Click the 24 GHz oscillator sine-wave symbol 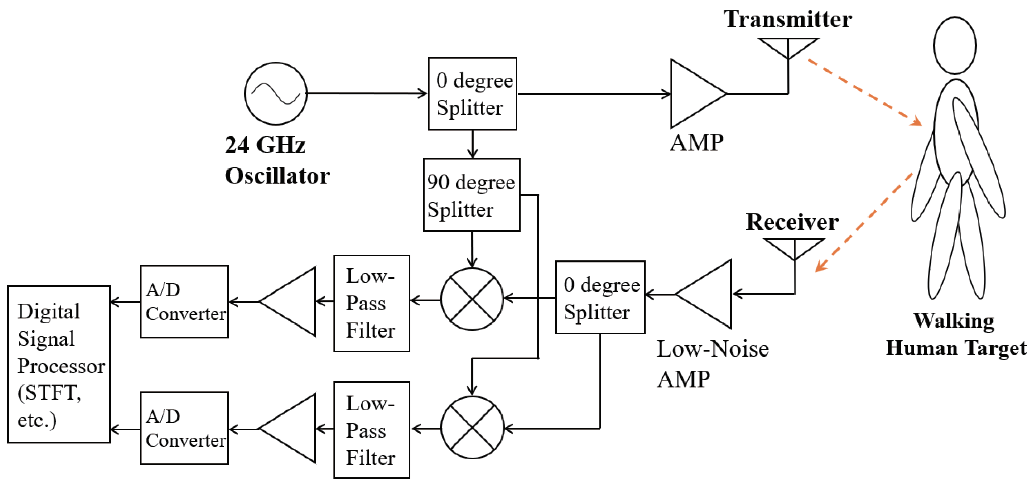(x=276, y=93)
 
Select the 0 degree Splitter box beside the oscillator (x=472, y=93)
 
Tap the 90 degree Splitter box (x=471, y=195)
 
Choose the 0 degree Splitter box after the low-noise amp (x=600, y=297)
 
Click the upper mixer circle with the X (x=472, y=299)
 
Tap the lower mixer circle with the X (x=472, y=428)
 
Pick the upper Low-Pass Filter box (x=372, y=303)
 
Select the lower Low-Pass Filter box (x=372, y=430)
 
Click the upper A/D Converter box (x=184, y=301)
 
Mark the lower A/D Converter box (x=184, y=428)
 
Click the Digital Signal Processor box (x=59, y=364)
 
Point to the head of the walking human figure (x=955, y=45)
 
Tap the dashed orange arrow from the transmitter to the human (x=864, y=92)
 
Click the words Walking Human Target (x=955, y=334)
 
